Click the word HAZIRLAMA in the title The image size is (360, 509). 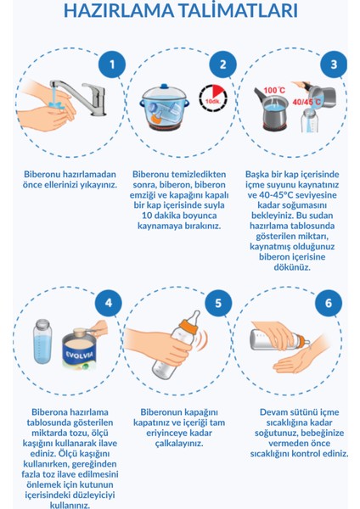point(119,10)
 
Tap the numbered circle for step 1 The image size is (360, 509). point(112,64)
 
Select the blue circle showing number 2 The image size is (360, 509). point(223,64)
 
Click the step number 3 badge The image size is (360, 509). point(334,64)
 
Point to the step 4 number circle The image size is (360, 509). point(109,303)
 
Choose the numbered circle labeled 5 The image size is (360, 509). point(218,303)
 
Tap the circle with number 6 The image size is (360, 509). point(329,303)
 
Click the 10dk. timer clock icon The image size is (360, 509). point(213,98)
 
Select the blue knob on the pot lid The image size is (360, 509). point(164,87)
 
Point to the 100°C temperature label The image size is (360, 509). point(274,90)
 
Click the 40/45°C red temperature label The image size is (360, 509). point(306,102)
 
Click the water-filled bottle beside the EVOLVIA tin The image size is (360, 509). point(42,341)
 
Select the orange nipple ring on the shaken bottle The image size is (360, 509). point(189,326)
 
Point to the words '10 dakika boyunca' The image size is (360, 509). point(179,215)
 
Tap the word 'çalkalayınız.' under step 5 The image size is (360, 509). point(179,444)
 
